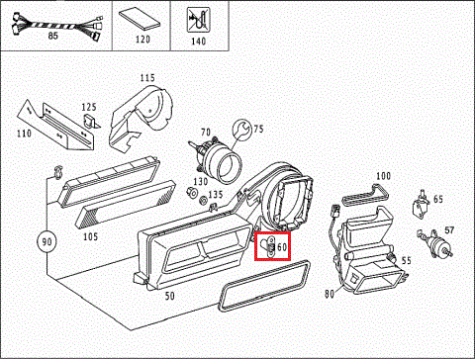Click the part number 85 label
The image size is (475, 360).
point(52,36)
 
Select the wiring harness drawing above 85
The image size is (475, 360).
point(56,26)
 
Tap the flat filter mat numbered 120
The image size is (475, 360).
point(140,20)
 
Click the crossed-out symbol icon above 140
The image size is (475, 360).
point(198,20)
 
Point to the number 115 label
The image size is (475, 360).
point(147,78)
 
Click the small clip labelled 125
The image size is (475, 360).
point(90,121)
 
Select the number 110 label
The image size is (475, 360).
point(24,134)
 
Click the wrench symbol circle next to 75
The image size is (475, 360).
point(242,130)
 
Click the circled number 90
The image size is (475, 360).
point(47,241)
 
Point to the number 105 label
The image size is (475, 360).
point(90,236)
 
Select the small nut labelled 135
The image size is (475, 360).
point(203,200)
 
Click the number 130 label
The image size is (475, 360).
point(201,181)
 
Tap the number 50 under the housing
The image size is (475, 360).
point(169,296)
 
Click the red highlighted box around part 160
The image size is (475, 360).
point(272,246)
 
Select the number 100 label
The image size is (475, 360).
point(383,176)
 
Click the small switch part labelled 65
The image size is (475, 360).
point(421,205)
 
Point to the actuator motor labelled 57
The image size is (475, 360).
point(435,243)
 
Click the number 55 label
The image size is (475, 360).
point(406,260)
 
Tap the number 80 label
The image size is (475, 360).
point(330,294)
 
